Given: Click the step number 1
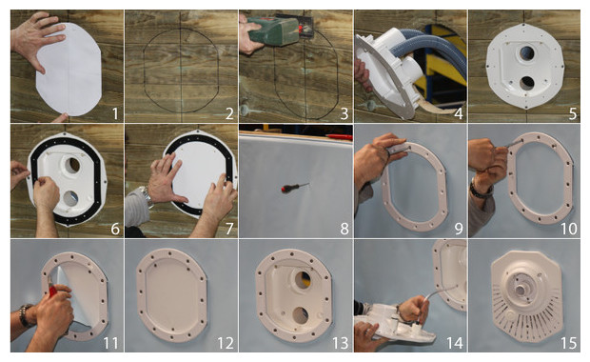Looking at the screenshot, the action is [x=115, y=113].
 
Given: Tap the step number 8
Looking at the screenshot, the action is [x=344, y=229].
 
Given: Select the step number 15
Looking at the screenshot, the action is [x=568, y=343].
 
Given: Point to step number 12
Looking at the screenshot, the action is [x=226, y=343].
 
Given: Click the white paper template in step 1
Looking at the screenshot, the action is [x=69, y=70].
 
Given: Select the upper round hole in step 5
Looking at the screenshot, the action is [x=527, y=54].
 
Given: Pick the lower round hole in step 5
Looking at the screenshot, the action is [x=526, y=83].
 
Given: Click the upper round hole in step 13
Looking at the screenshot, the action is [x=303, y=280].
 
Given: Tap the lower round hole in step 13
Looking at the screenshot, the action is [x=301, y=315].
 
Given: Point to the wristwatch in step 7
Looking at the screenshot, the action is [x=146, y=195].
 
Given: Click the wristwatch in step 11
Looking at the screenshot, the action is [x=25, y=315].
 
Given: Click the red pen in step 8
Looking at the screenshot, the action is [x=339, y=136].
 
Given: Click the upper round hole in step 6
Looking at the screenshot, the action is [x=72, y=165].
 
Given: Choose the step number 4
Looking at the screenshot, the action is [x=459, y=113].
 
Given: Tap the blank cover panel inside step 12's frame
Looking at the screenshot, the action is [x=172, y=295].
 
